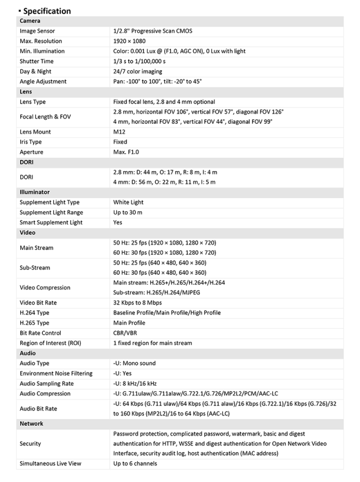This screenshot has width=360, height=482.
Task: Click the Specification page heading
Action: tap(47, 11)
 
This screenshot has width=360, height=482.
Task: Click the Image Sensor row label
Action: tap(37, 31)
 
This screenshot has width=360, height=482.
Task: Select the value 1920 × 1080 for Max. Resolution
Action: tap(133, 41)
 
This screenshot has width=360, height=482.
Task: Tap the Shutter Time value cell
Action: tap(140, 61)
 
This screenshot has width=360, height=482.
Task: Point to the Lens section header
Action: tap(26, 92)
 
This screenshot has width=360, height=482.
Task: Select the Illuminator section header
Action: tap(35, 192)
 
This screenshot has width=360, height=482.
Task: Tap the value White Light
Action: tap(128, 202)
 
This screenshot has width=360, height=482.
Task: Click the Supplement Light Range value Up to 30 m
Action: tap(128, 212)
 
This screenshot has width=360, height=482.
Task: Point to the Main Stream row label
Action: tap(37, 248)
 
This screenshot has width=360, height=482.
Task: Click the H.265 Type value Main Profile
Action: tap(129, 323)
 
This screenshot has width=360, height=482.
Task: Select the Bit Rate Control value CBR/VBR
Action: tap(125, 333)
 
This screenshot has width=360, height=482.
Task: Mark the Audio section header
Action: tap(28, 353)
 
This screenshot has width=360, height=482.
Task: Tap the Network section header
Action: tap(31, 423)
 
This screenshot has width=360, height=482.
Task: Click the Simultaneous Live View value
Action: tap(135, 463)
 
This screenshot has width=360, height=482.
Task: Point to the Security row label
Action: tap(30, 444)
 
